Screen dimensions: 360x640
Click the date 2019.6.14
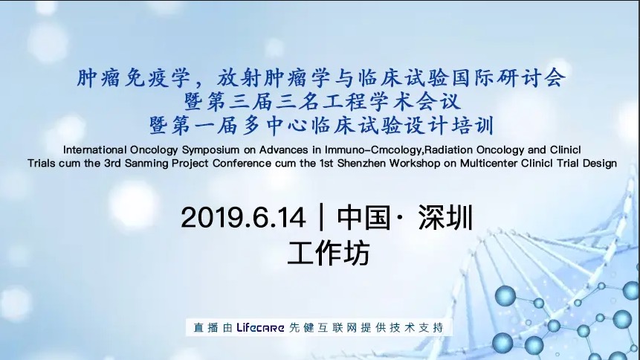click(x=243, y=218)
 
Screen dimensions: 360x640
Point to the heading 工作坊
click(x=328, y=254)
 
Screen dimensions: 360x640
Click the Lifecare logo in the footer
click(x=260, y=327)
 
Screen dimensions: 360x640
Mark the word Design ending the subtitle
click(x=600, y=164)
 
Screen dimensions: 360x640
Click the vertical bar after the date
click(x=320, y=218)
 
